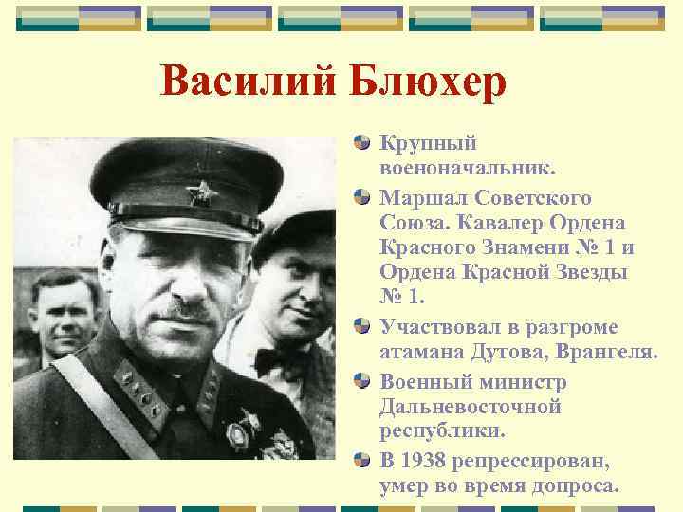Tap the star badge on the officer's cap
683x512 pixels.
click(199, 196)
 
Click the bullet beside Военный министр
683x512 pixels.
click(361, 381)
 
